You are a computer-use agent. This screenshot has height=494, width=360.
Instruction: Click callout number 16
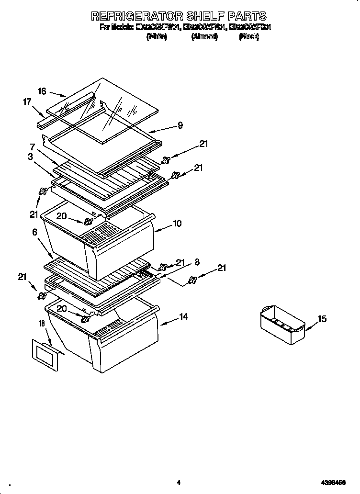pyautogui.click(x=42, y=91)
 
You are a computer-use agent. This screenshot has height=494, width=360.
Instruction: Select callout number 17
pyautogui.click(x=27, y=101)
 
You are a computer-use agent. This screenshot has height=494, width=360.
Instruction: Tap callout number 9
pyautogui.click(x=180, y=126)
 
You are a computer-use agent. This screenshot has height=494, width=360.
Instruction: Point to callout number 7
pyautogui.click(x=33, y=146)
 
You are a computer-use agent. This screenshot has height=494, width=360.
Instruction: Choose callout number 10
pyautogui.click(x=177, y=224)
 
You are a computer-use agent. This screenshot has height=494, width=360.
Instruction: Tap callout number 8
pyautogui.click(x=197, y=262)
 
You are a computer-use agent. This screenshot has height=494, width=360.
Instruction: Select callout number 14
pyautogui.click(x=183, y=316)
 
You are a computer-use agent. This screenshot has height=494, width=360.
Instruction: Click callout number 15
pyautogui.click(x=322, y=319)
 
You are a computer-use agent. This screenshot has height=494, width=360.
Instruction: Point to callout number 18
pyautogui.click(x=41, y=324)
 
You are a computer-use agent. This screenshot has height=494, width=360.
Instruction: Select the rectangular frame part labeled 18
pyautogui.click(x=44, y=355)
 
